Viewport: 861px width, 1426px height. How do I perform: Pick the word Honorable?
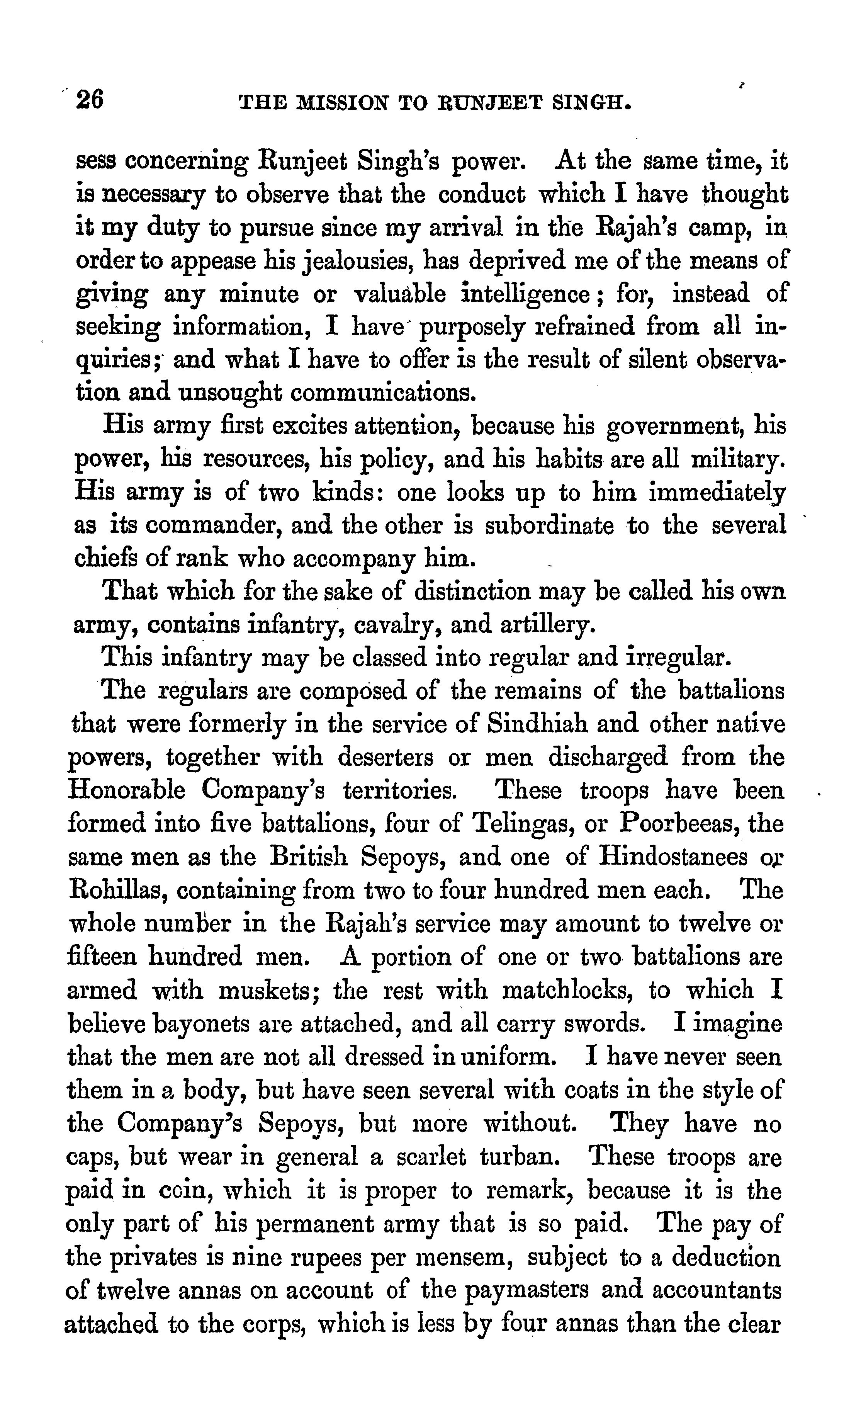pyautogui.click(x=127, y=790)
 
